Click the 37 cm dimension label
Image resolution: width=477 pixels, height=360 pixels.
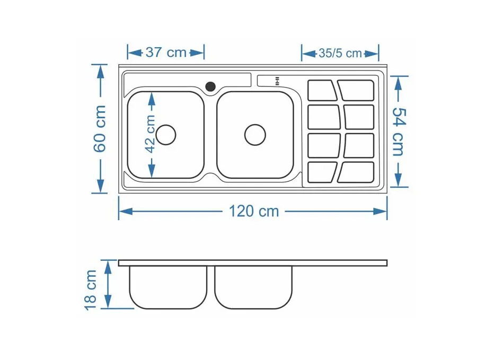pos(166,52)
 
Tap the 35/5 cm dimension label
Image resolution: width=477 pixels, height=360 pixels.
pos(340,53)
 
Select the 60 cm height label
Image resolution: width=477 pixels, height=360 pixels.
pos(100,129)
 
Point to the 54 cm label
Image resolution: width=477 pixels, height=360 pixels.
pos(399,131)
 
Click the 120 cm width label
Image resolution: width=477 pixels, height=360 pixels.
pos(254,211)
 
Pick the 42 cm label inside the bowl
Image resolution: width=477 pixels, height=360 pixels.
pos(150,134)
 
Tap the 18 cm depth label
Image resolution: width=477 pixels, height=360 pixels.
pos(91,290)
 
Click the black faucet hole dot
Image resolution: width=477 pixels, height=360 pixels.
pos(210,87)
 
